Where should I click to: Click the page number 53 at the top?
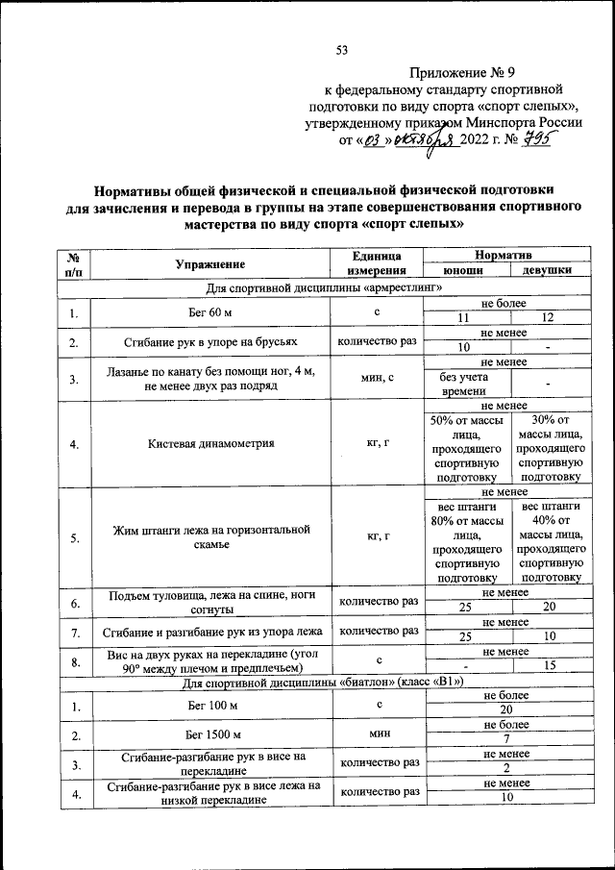click(341, 50)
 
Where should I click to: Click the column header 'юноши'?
click(464, 271)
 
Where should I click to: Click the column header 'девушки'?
click(548, 271)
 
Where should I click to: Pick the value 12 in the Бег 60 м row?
click(548, 318)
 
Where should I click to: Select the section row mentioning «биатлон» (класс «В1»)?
click(322, 683)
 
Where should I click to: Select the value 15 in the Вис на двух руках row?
click(548, 665)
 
